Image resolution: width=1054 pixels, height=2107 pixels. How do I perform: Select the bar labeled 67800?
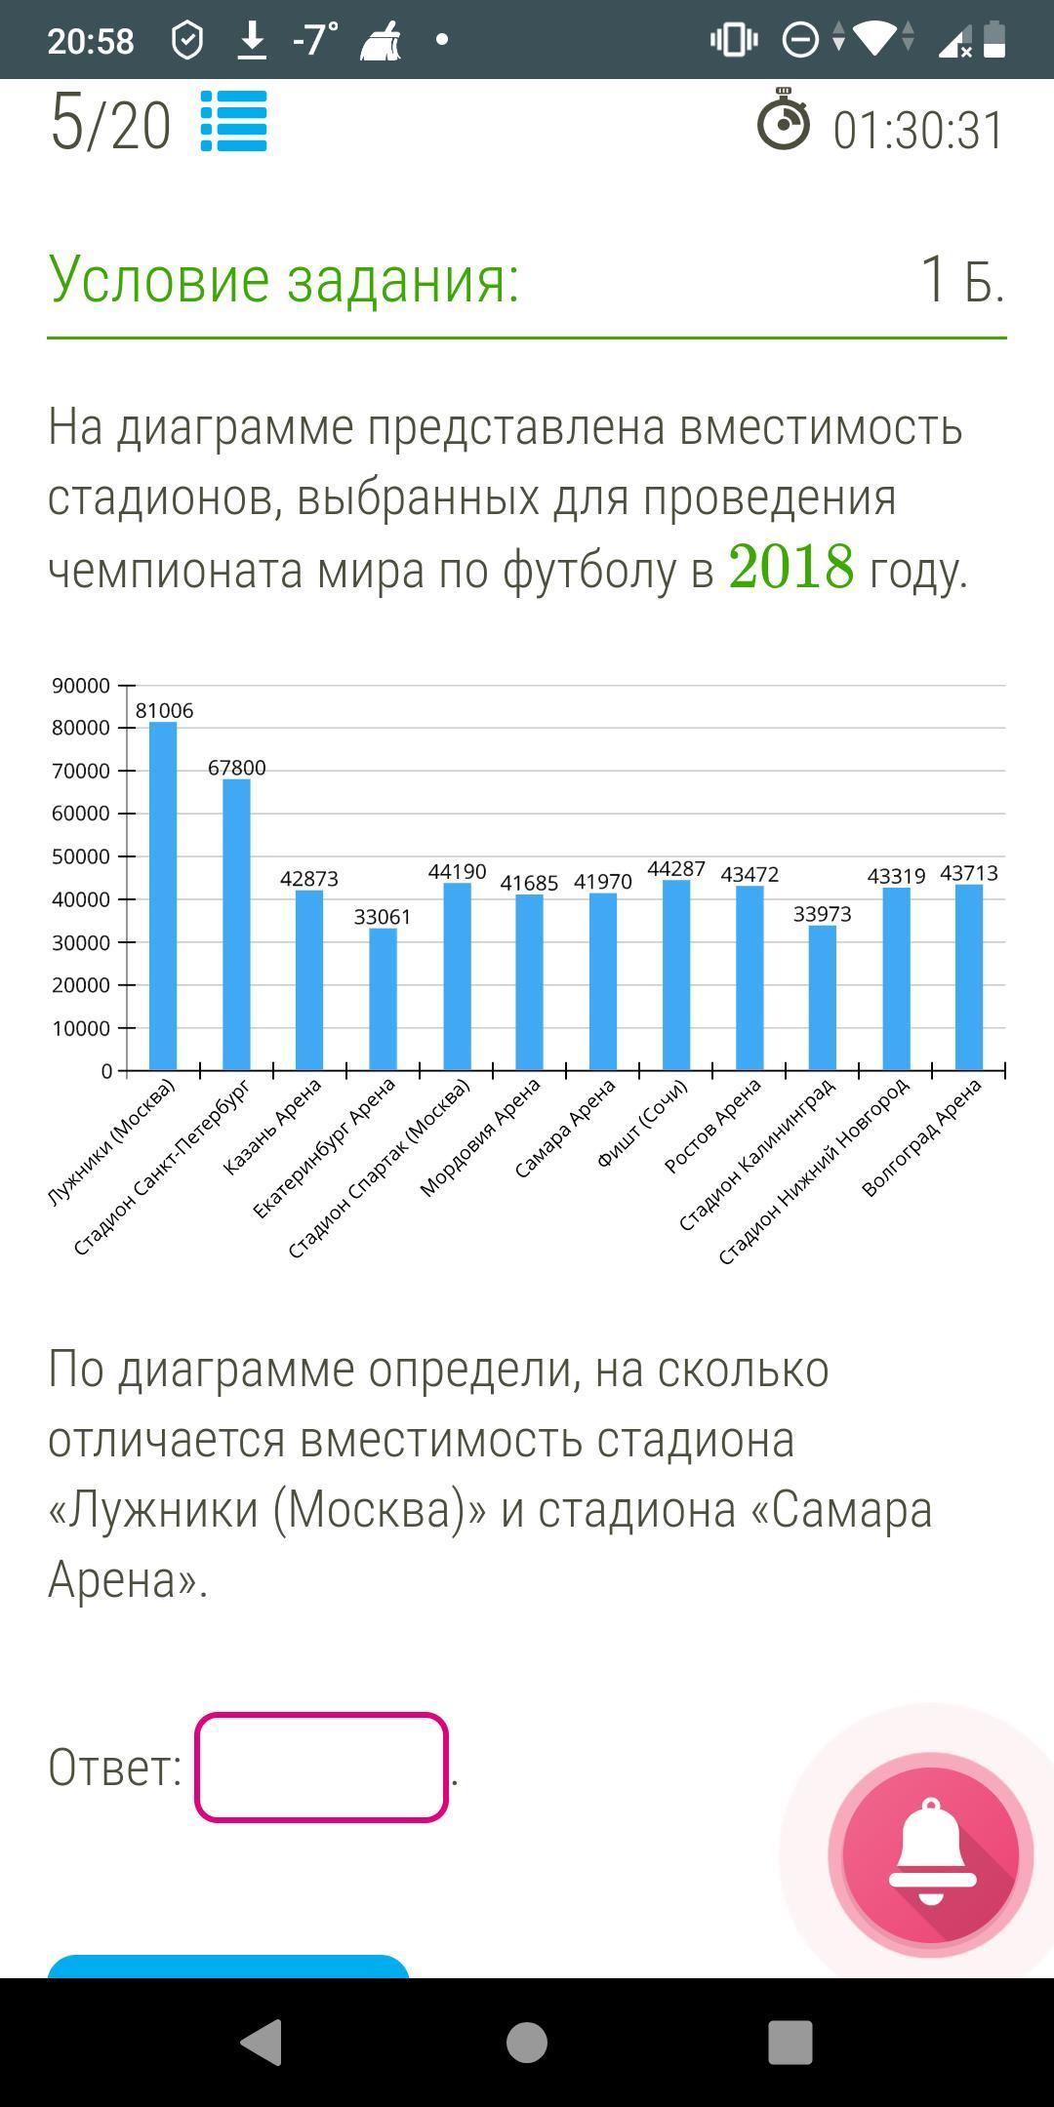pos(236,924)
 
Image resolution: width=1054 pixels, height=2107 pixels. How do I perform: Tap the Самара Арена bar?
pos(603,981)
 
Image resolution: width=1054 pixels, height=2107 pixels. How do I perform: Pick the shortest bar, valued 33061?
pos(383,999)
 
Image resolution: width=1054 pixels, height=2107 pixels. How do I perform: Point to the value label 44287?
pos(675,868)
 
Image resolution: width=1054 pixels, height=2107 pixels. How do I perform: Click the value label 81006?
pos(164,711)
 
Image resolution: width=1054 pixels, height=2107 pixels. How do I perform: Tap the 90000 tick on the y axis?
pos(81,686)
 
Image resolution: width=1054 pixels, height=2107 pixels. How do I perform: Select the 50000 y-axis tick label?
pos(81,856)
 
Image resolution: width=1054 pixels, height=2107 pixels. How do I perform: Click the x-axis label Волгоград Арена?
pos(922,1137)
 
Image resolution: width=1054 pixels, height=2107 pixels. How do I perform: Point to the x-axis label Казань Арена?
pos(272,1127)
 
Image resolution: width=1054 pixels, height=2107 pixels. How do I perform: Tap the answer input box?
pos(321,1767)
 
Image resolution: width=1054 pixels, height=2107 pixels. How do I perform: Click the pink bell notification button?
pos(930,1854)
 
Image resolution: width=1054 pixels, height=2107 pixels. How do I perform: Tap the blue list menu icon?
pos(233,121)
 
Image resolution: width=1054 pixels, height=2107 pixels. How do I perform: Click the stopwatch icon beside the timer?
pos(783,121)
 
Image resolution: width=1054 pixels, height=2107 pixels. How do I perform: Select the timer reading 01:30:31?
pos(917,131)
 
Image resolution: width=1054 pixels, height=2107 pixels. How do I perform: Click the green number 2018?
pos(790,567)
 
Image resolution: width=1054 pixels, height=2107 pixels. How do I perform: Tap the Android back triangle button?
pos(262,2042)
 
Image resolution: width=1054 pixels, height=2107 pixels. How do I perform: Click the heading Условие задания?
pos(283,279)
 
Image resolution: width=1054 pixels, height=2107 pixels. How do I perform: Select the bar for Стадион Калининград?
pos(823,997)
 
